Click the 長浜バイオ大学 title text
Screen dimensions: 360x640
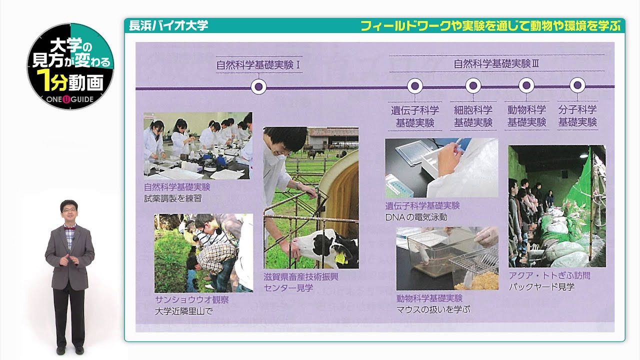168,26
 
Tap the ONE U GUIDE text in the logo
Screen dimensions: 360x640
70,99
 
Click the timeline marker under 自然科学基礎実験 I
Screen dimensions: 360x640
258,87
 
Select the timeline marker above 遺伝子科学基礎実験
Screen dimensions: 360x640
415,86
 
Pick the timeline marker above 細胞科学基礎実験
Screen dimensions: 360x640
473,86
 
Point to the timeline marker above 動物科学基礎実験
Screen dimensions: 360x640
526,86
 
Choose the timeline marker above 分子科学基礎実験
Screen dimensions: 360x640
577,86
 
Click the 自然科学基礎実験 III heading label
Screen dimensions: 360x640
496,63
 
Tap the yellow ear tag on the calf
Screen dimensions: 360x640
340,258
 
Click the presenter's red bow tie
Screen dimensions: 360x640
69,226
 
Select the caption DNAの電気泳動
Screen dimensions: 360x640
416,217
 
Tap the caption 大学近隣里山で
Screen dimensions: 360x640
183,311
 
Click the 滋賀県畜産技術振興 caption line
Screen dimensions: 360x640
301,276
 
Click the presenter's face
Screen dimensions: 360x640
69,211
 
